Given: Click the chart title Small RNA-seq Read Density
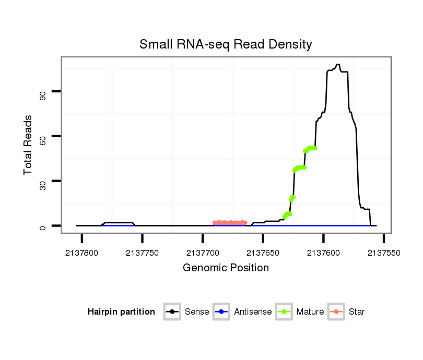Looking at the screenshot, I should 226,44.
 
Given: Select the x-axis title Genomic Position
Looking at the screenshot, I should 226,268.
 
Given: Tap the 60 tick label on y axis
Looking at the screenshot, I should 42,137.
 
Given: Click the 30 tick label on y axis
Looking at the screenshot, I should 42,182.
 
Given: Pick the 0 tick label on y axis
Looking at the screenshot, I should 42,226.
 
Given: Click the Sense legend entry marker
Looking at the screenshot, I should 172,312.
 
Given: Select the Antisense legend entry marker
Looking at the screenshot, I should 221,312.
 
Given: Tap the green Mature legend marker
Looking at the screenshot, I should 284,312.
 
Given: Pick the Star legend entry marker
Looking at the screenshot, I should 336,312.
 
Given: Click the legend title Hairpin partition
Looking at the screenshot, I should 121,312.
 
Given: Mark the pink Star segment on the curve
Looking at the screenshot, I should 230,223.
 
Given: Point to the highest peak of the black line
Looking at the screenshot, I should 338,65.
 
